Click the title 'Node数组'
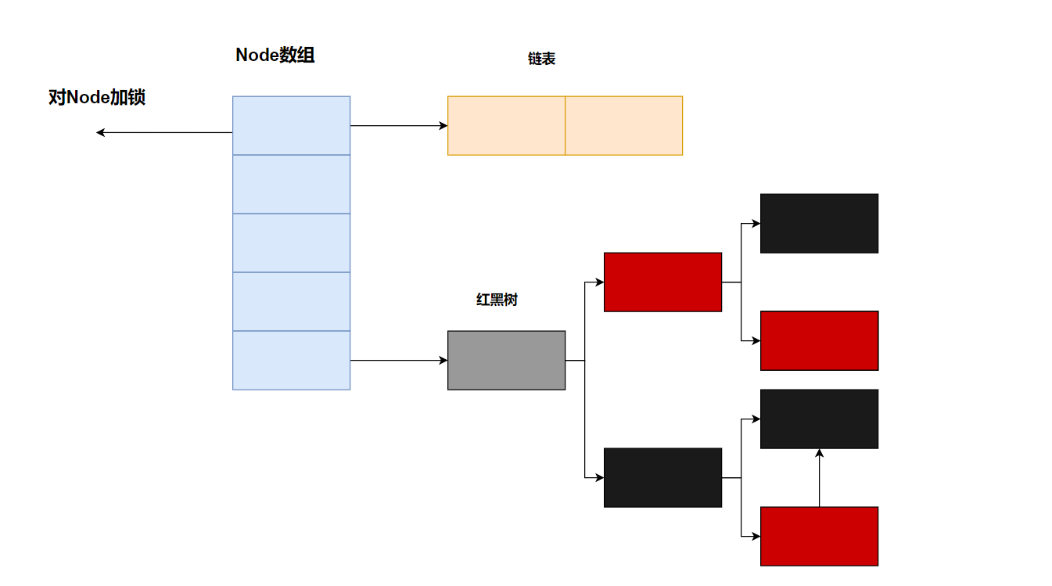pyautogui.click(x=275, y=56)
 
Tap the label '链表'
pyautogui.click(x=541, y=59)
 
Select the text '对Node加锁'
pyautogui.click(x=97, y=98)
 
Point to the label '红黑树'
pyautogui.click(x=497, y=300)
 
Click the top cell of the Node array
pyautogui.click(x=291, y=125)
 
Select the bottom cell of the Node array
pyautogui.click(x=291, y=360)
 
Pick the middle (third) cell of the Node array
pyautogui.click(x=291, y=243)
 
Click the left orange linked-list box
pyautogui.click(x=506, y=125)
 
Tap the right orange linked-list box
pyautogui.click(x=623, y=125)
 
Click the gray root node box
pyautogui.click(x=506, y=360)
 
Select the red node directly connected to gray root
pyautogui.click(x=662, y=282)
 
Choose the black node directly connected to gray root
pyautogui.click(x=662, y=477)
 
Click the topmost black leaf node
pyautogui.click(x=819, y=223)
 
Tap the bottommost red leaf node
pyautogui.click(x=819, y=536)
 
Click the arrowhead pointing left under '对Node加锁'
pyautogui.click(x=100, y=133)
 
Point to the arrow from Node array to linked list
pyautogui.click(x=399, y=125)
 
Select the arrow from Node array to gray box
pyautogui.click(x=399, y=360)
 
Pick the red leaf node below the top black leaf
pyautogui.click(x=819, y=340)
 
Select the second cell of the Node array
pyautogui.click(x=291, y=184)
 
